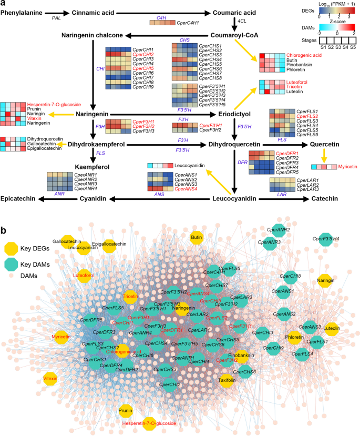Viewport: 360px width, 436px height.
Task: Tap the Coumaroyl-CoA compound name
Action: pyautogui.click(x=233, y=35)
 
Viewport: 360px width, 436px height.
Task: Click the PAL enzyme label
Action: pyautogui.click(x=56, y=18)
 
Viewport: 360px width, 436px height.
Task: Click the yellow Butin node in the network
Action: pyautogui.click(x=197, y=238)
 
